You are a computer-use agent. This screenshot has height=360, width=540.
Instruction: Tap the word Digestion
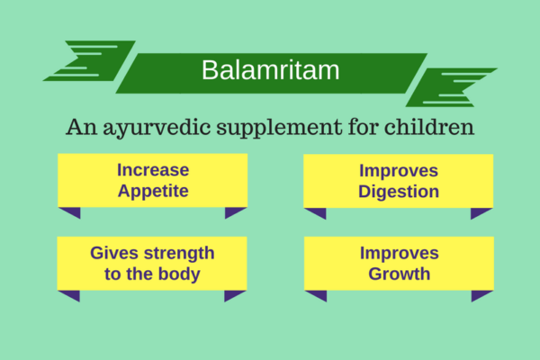coord(398,191)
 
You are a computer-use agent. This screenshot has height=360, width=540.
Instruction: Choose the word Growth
coord(399,274)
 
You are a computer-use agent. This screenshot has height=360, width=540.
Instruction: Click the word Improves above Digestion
coord(398,169)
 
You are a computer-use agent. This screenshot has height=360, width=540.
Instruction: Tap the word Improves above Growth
coord(399,252)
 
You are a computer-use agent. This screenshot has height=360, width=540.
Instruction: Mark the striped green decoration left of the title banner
coord(90,59)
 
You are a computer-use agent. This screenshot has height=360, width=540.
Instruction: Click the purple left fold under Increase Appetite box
coord(70,212)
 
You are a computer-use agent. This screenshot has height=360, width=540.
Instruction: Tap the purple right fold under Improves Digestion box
coord(481,213)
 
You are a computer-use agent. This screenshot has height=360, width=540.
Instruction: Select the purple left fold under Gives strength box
coord(69,295)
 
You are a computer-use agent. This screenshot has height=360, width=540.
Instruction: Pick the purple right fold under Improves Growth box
coord(481,295)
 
